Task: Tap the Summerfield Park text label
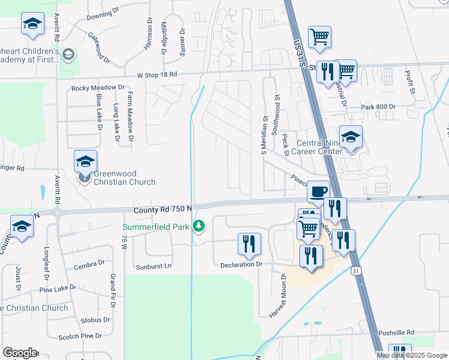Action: pyautogui.click(x=157, y=227)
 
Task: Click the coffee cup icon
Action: pyautogui.click(x=318, y=191)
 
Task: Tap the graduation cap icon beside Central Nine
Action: pyautogui.click(x=351, y=137)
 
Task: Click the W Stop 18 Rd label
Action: pyautogui.click(x=157, y=75)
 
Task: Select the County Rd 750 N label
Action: pyautogui.click(x=163, y=208)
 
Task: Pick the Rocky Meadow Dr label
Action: pyautogui.click(x=97, y=88)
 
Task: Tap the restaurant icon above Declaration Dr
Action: pyautogui.click(x=249, y=244)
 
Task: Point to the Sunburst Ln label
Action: pyautogui.click(x=154, y=266)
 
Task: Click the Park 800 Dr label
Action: pyautogui.click(x=379, y=107)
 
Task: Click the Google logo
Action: pyautogui.click(x=20, y=353)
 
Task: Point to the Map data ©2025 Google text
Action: pyautogui.click(x=411, y=355)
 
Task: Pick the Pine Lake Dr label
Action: pyautogui.click(x=58, y=288)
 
